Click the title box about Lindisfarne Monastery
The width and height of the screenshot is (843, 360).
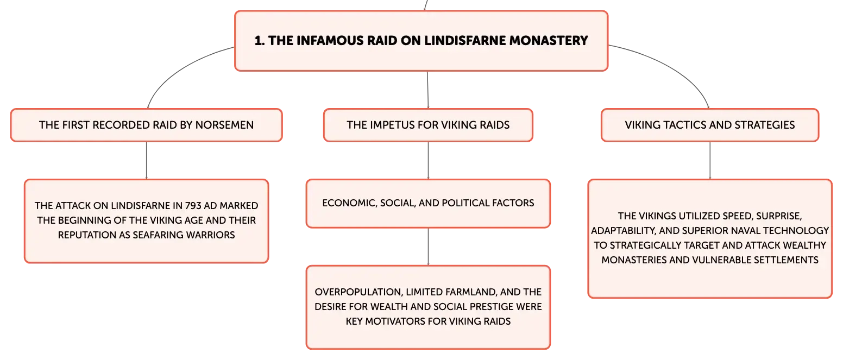pos(421,41)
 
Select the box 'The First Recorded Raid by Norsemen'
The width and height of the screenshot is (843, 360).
pos(147,125)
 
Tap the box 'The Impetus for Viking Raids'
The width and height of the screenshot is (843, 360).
pos(428,125)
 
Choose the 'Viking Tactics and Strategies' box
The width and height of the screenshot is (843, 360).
pos(710,125)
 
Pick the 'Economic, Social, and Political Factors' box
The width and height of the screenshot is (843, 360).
pos(428,204)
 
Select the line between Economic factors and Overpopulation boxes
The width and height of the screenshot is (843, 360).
pos(428,247)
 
